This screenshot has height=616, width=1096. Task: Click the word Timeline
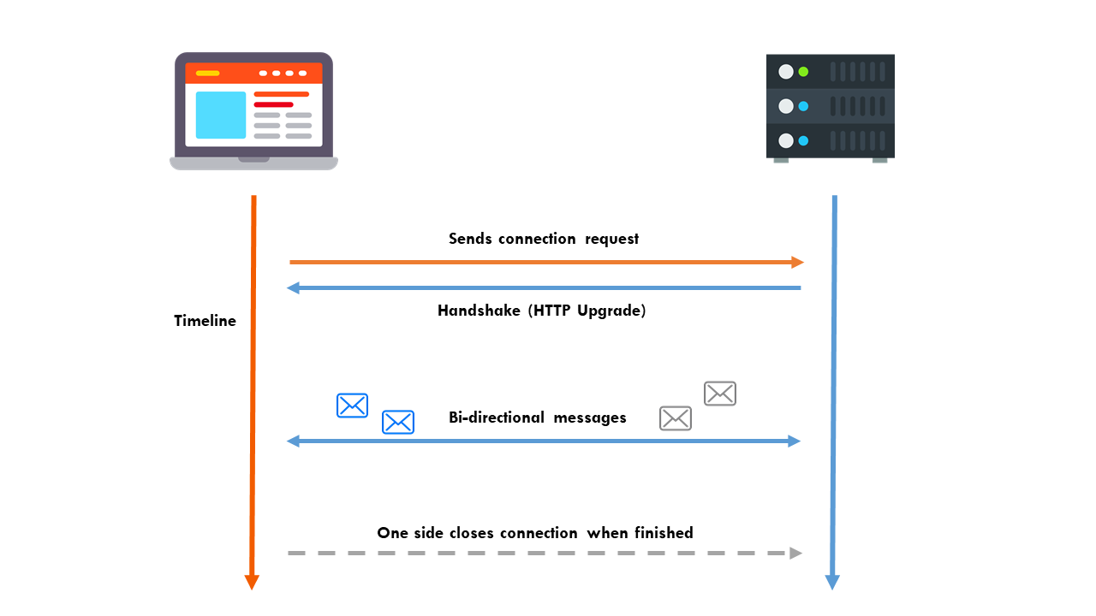(x=205, y=322)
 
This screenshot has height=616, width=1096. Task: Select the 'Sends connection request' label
(x=544, y=239)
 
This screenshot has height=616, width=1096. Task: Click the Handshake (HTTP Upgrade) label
(x=541, y=311)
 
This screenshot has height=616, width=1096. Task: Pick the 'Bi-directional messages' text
(x=538, y=418)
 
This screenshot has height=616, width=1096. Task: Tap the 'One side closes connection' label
(x=535, y=533)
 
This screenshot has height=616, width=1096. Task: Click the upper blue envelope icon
(x=352, y=405)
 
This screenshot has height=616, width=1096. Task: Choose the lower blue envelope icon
(x=398, y=422)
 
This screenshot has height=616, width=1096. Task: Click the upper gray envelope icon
(x=720, y=394)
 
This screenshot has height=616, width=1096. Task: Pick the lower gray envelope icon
(x=676, y=418)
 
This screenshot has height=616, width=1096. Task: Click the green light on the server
(x=803, y=72)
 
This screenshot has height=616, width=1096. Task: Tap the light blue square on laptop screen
(x=221, y=115)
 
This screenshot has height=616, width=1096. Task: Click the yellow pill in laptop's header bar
(x=207, y=74)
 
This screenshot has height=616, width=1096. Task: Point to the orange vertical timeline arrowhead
(x=252, y=582)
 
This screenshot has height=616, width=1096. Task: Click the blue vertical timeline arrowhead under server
(x=832, y=582)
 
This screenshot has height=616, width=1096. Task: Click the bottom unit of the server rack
(x=831, y=141)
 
